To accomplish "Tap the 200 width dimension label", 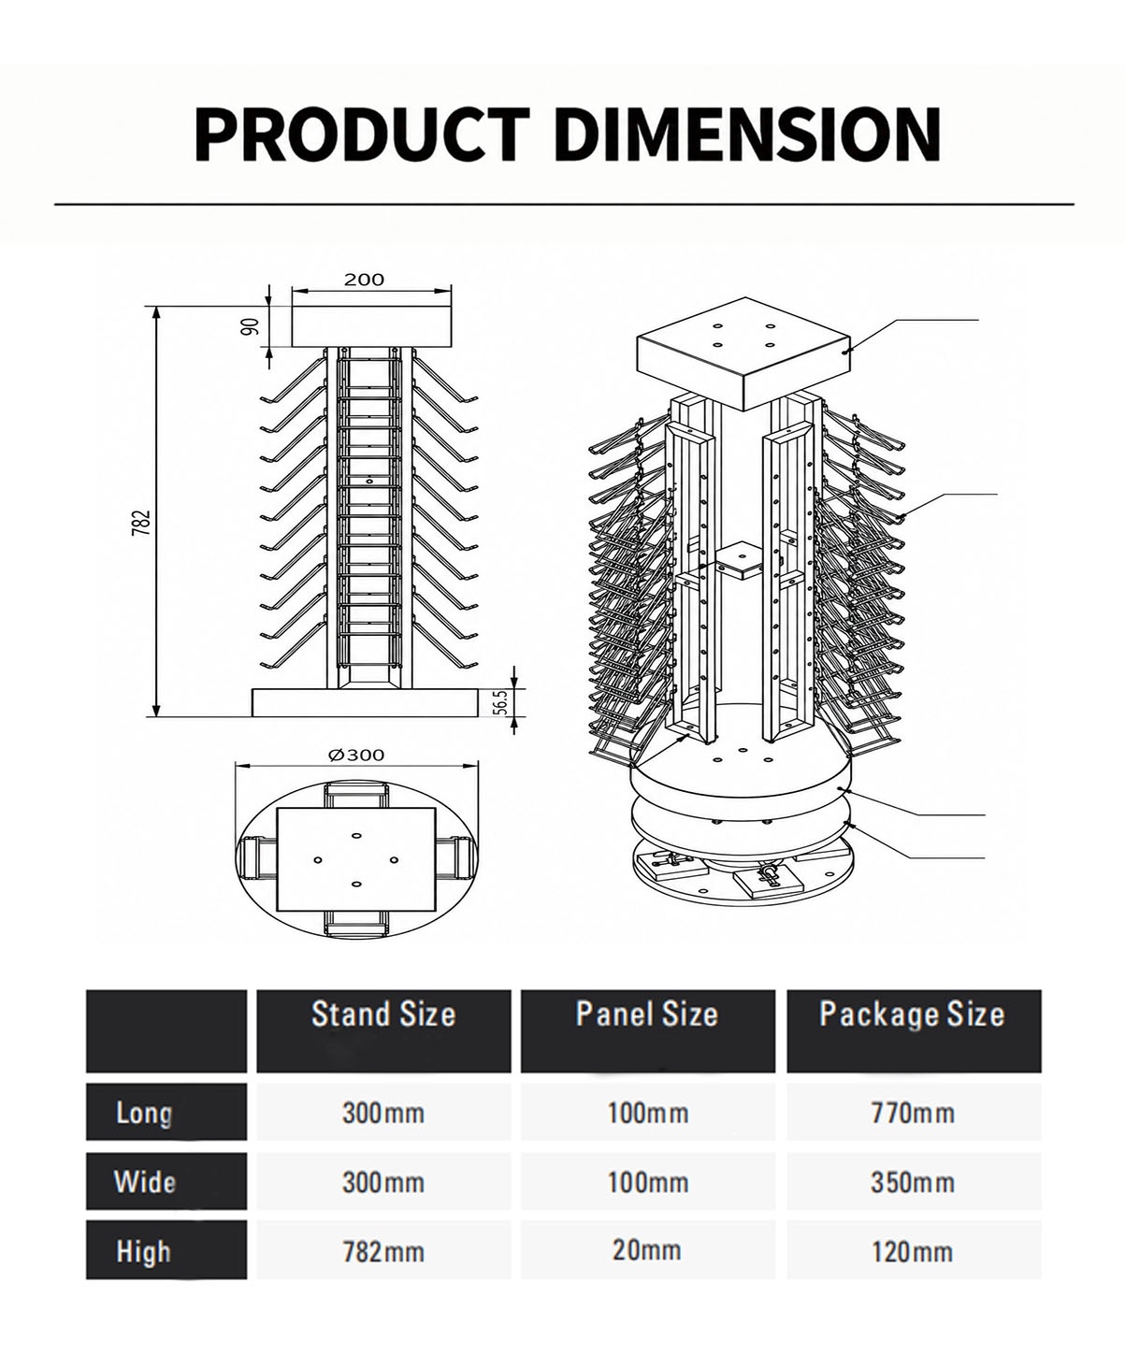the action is point(364,280).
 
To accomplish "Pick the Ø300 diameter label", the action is point(356,755).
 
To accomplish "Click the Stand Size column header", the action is point(383,1015).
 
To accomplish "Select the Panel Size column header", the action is point(647,1015).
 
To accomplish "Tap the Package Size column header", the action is point(913,1015).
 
